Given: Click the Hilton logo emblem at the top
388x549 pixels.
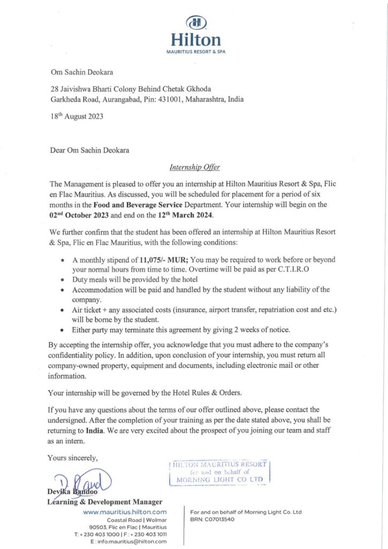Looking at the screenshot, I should pyautogui.click(x=196, y=23).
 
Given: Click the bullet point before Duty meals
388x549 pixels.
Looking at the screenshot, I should pyautogui.click(x=64, y=280).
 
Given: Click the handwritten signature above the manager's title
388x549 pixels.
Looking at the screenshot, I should pyautogui.click(x=83, y=479).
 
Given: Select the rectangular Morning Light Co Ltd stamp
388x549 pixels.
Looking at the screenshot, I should pyautogui.click(x=220, y=472).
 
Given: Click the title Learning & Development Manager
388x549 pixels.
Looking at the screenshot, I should pyautogui.click(x=105, y=502).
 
